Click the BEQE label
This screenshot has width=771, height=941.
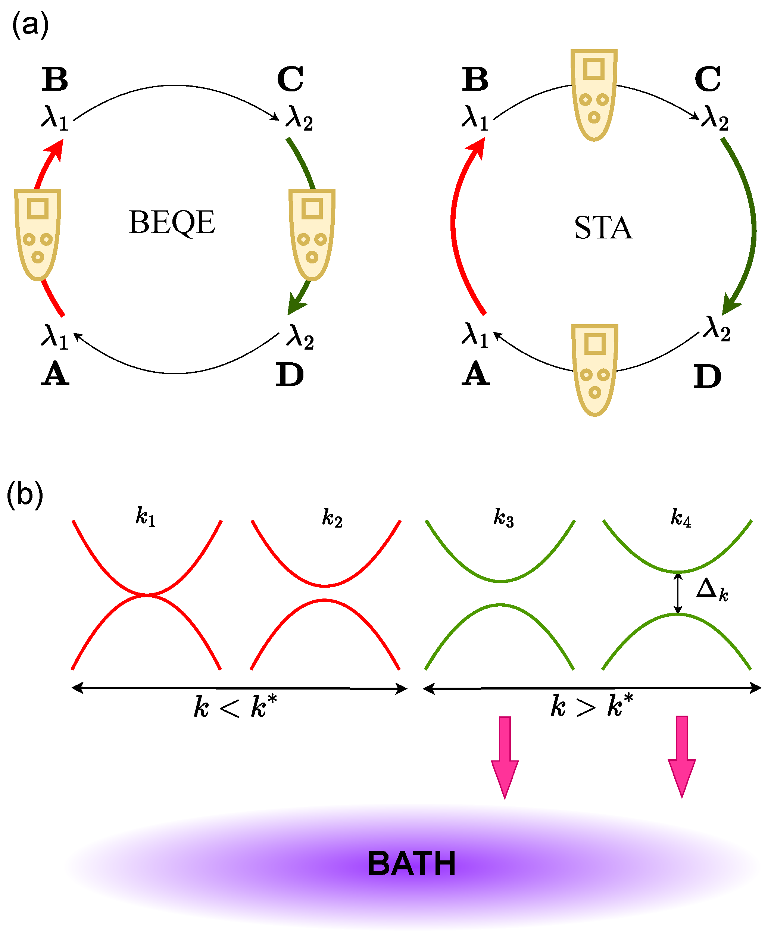pos(172,222)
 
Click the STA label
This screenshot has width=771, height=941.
pos(603,228)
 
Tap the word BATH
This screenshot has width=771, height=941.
pos(412,864)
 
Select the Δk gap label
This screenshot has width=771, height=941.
pos(712,591)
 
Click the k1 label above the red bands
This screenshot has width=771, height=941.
pos(146,516)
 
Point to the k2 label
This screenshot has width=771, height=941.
pos(332,518)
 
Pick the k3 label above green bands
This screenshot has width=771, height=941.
pos(504,518)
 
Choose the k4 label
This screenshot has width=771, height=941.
pos(681,518)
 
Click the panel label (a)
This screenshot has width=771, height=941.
pos(30,25)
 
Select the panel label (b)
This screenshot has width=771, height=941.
pos(25,495)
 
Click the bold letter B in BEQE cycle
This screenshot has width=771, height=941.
pos(55,79)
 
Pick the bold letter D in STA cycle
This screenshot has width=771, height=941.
pos(707,377)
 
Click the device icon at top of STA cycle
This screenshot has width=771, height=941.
pos(594,95)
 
